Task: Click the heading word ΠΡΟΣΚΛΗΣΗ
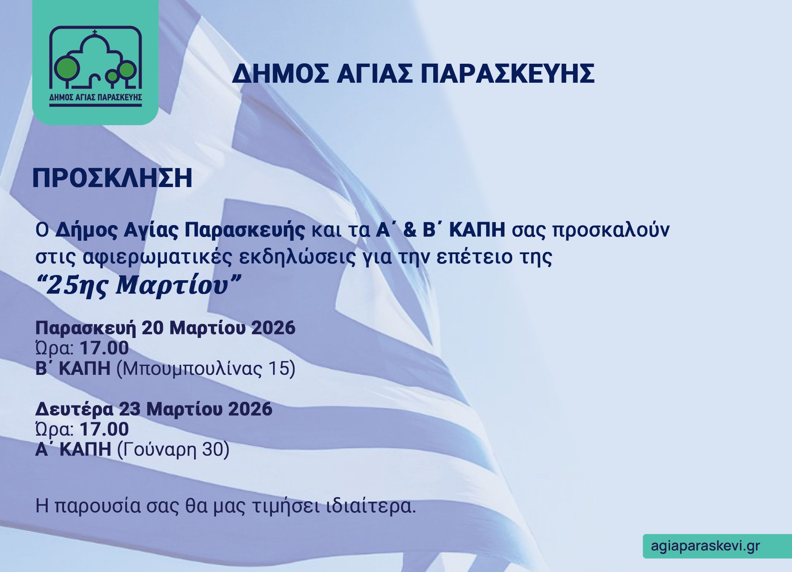[112, 178]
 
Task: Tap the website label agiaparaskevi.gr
[705, 546]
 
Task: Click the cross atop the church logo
[95, 33]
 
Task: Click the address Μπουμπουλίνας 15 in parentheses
[206, 369]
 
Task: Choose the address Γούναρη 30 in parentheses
[173, 450]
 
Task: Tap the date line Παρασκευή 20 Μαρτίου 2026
[165, 328]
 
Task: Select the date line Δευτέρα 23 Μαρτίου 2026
[153, 409]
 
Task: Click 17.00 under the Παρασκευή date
[104, 348]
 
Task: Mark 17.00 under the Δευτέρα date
[104, 429]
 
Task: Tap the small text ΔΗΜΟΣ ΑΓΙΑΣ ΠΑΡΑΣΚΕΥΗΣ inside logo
[95, 98]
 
